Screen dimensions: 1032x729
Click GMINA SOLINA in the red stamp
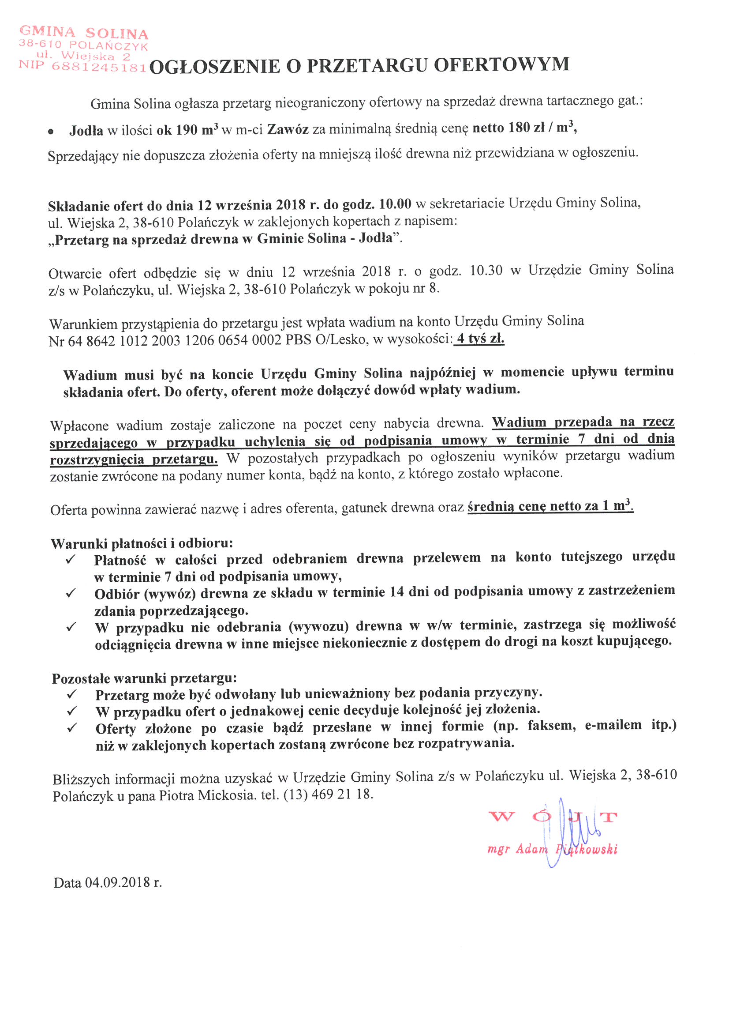tap(84, 33)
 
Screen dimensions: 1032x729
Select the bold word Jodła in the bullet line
tap(86, 130)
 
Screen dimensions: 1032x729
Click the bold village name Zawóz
tap(288, 129)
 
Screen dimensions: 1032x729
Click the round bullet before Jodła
tap(51, 132)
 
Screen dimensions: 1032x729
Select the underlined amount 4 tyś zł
tap(480, 339)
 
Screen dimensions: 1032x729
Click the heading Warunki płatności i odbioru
tap(142, 543)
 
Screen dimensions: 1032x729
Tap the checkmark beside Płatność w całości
tap(71, 560)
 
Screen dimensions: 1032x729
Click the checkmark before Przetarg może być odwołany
tap(72, 694)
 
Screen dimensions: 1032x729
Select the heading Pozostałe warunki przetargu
tap(144, 678)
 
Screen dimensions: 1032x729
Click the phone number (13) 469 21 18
tap(328, 794)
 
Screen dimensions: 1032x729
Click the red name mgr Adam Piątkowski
tap(552, 849)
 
